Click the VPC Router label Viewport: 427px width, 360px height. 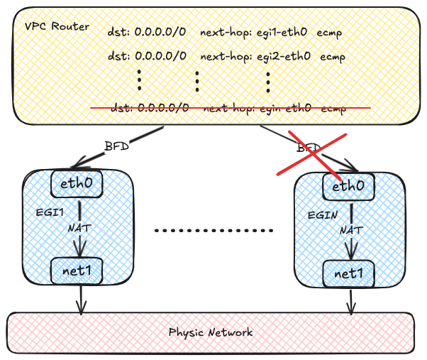pyautogui.click(x=57, y=26)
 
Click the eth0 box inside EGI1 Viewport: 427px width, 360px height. pyautogui.click(x=79, y=184)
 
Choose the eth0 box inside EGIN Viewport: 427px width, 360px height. pyautogui.click(x=349, y=186)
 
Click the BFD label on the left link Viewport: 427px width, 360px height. pyautogui.click(x=116, y=146)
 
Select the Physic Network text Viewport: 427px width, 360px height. pyautogui.click(x=210, y=332)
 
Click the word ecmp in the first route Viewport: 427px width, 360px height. pyautogui.click(x=331, y=33)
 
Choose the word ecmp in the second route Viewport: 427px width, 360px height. pyautogui.click(x=333, y=55)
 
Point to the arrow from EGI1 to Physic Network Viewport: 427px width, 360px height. pyautogui.click(x=82, y=298)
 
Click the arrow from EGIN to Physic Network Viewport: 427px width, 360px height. pyautogui.click(x=351, y=300)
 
